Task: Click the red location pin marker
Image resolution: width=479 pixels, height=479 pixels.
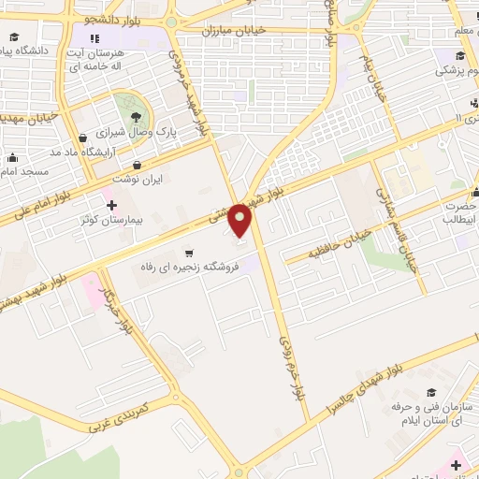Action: (x=240, y=221)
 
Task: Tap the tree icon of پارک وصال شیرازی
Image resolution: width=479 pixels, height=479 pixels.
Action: (x=137, y=116)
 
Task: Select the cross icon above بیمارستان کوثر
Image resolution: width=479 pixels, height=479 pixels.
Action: (x=111, y=205)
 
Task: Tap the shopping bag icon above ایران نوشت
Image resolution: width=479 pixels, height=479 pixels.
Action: (x=138, y=165)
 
